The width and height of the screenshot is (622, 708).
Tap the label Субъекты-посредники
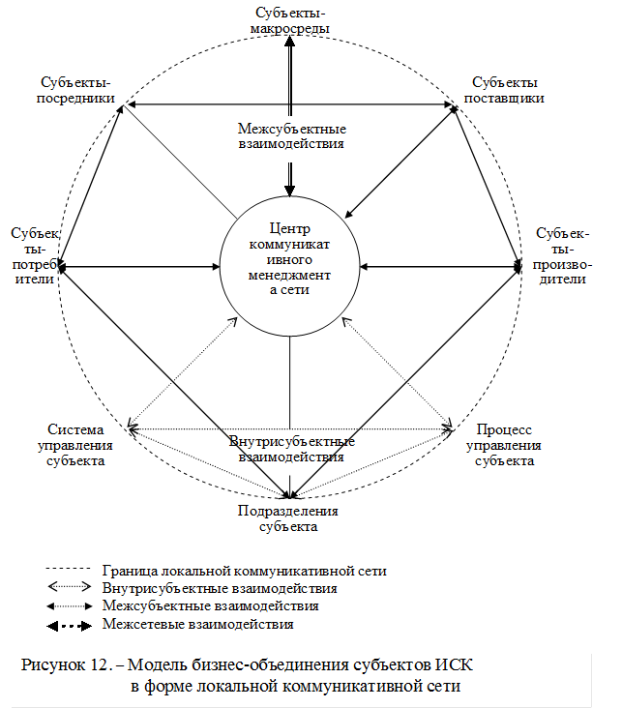[x=80, y=90]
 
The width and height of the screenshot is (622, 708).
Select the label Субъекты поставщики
[x=504, y=90]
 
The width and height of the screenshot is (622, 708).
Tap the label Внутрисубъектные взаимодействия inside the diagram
[x=291, y=449]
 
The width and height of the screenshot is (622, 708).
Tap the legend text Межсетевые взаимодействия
[x=197, y=624]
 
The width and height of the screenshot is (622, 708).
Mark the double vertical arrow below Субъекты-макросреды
[x=291, y=77]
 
